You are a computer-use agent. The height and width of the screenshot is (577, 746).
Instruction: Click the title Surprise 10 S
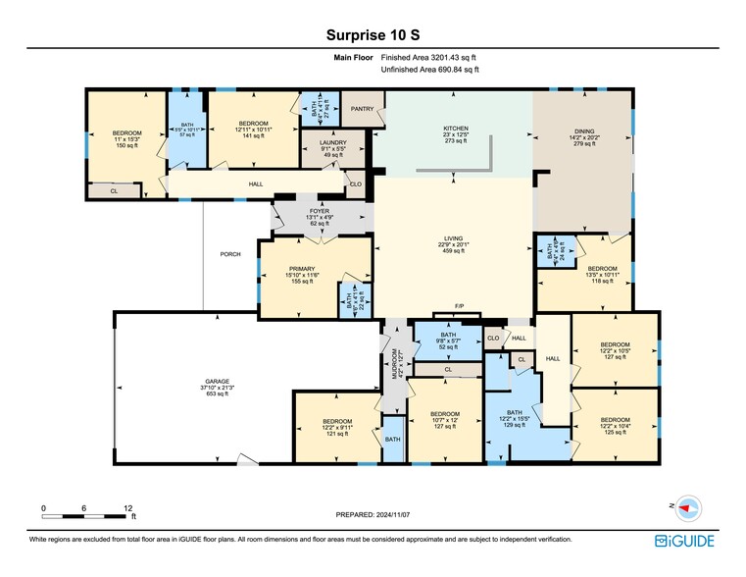pos(373,34)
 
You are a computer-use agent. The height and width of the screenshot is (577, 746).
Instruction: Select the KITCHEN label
pos(456,129)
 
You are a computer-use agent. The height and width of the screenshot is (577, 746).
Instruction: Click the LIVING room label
pos(454,245)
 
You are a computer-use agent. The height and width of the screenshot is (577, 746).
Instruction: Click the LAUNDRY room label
pos(321,142)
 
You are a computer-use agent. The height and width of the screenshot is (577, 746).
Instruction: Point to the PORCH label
pos(230,254)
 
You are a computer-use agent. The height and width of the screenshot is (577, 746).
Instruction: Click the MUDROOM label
pos(395,364)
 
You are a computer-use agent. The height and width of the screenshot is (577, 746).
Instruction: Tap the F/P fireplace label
pos(459,306)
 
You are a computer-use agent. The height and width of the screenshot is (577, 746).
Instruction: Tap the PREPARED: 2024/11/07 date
pos(373,514)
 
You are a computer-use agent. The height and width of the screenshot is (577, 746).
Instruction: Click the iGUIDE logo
pos(685,541)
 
